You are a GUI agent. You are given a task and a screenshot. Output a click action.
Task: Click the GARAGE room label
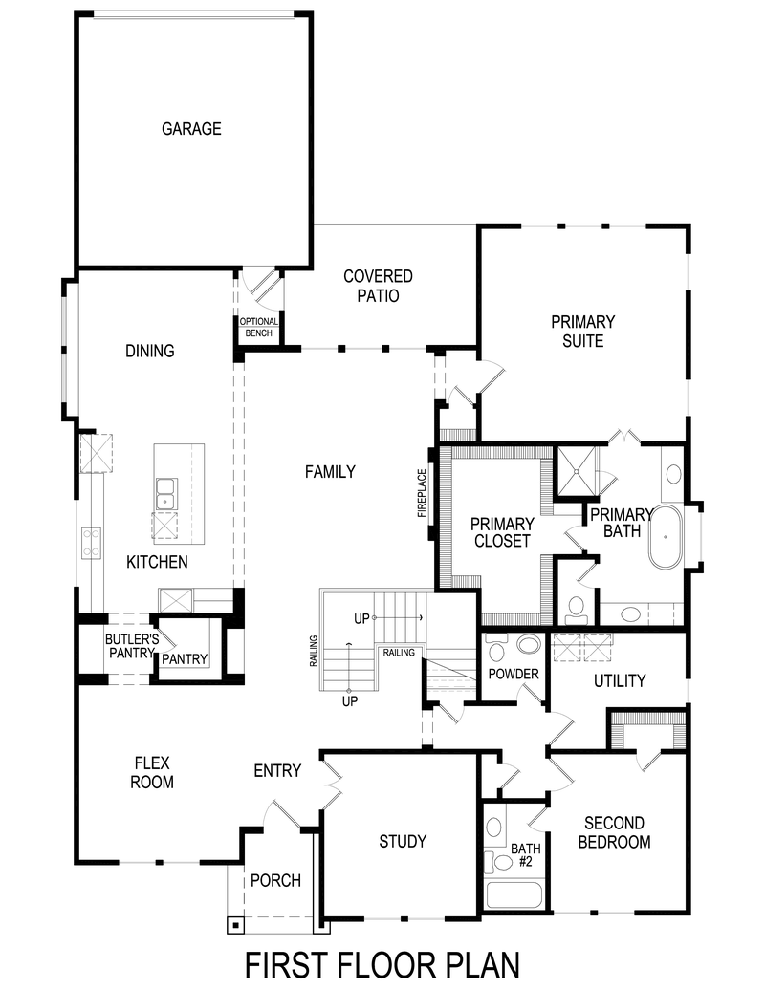(x=191, y=128)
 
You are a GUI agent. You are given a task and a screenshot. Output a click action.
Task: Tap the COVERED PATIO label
(x=378, y=286)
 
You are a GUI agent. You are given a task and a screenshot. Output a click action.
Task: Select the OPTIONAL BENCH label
(x=258, y=328)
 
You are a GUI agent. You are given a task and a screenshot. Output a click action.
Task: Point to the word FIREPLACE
(x=422, y=493)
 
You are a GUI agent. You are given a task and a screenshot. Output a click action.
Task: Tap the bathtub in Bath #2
(x=514, y=895)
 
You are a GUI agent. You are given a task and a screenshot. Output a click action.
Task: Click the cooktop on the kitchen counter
(x=92, y=543)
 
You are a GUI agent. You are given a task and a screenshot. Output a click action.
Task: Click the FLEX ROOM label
(x=153, y=772)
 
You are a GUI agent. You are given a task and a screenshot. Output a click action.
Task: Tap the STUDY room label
(x=403, y=841)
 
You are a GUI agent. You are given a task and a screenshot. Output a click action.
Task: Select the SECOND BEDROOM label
(x=617, y=832)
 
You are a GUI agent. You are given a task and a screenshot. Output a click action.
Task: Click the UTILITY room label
(x=620, y=680)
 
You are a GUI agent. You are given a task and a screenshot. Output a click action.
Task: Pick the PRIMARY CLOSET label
(x=502, y=532)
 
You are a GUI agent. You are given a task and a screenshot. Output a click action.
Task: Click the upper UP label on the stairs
(x=361, y=618)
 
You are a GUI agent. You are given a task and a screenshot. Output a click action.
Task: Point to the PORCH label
(x=275, y=880)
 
